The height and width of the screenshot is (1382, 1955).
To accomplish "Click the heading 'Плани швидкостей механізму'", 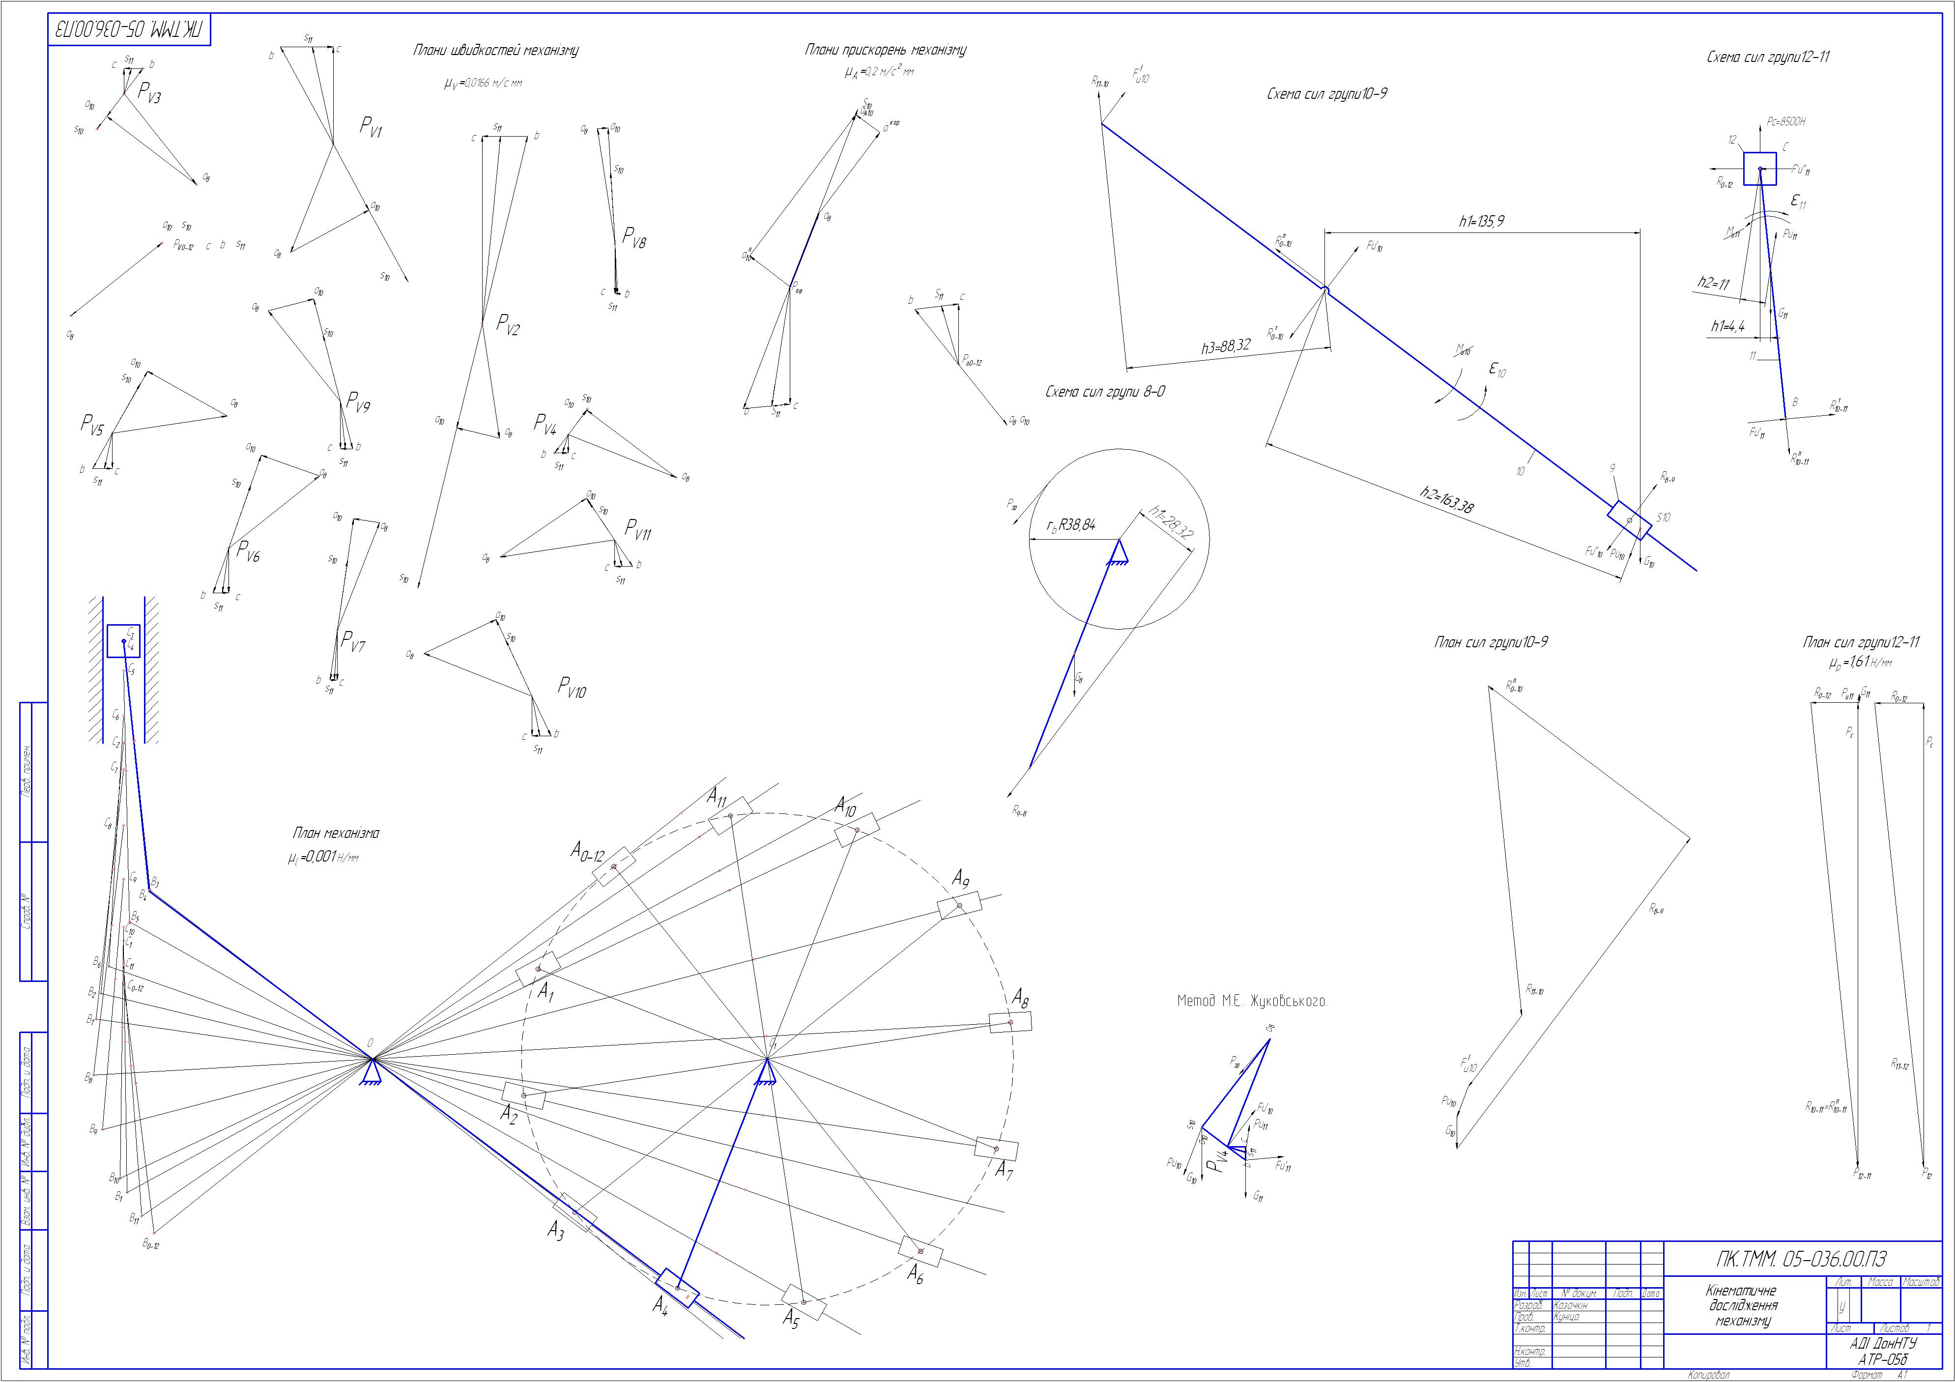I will [495, 51].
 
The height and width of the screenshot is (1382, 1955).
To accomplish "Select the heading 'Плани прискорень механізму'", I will [886, 51].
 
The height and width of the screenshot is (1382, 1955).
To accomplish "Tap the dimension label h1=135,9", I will [1482, 221].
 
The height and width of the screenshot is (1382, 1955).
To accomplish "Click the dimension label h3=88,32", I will [1226, 346].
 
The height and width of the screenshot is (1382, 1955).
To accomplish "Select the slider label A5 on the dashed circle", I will [792, 1344].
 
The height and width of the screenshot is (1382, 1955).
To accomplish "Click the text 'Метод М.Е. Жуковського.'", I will [1252, 1002].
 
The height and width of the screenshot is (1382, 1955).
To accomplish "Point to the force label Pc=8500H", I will [1785, 122].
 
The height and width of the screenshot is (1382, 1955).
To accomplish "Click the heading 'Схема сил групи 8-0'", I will [1105, 392].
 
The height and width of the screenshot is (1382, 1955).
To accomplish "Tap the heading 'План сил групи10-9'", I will [1490, 642].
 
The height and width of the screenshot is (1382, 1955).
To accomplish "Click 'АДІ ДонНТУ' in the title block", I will [1882, 1343].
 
